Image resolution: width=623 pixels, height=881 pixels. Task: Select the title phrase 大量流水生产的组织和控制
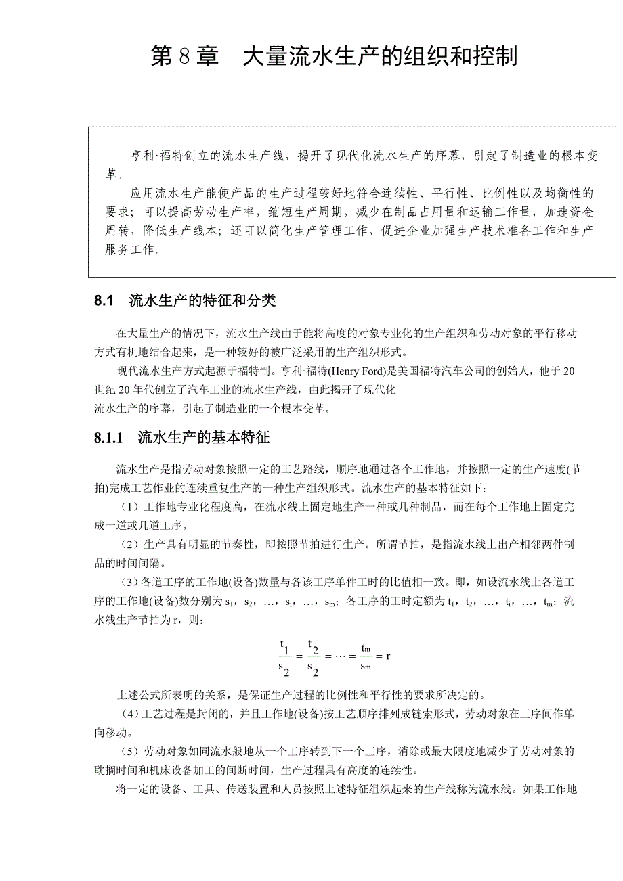(380, 57)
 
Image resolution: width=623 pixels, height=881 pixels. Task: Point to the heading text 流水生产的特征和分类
(202, 301)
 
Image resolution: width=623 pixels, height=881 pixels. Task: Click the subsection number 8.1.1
(108, 438)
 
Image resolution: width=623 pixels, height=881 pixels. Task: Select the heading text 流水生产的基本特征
(204, 438)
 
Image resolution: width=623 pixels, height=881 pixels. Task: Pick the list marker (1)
(129, 507)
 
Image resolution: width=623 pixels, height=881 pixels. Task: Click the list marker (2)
(129, 545)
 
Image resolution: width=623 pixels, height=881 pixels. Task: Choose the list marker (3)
(129, 583)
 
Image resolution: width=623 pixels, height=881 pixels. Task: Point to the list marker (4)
(129, 714)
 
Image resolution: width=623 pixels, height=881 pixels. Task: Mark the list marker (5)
(129, 752)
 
